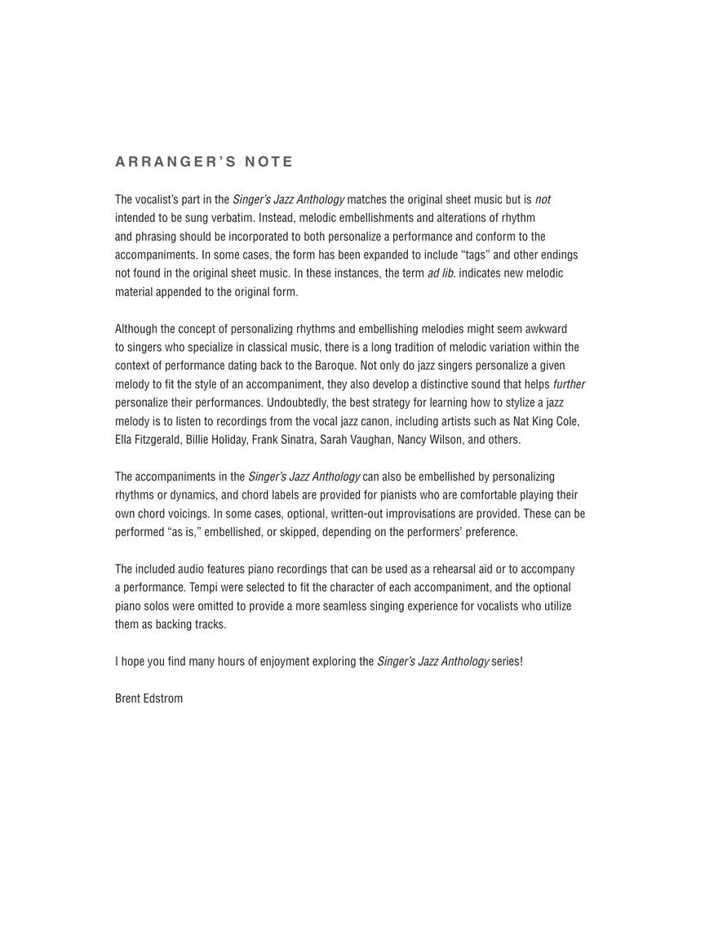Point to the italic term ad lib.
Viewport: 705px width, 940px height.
pyautogui.click(x=441, y=273)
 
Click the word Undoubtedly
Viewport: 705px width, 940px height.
pyautogui.click(x=296, y=403)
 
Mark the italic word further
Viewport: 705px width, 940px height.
pyautogui.click(x=569, y=384)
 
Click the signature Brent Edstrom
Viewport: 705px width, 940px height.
pyautogui.click(x=149, y=698)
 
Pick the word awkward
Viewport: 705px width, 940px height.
pyautogui.click(x=545, y=329)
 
